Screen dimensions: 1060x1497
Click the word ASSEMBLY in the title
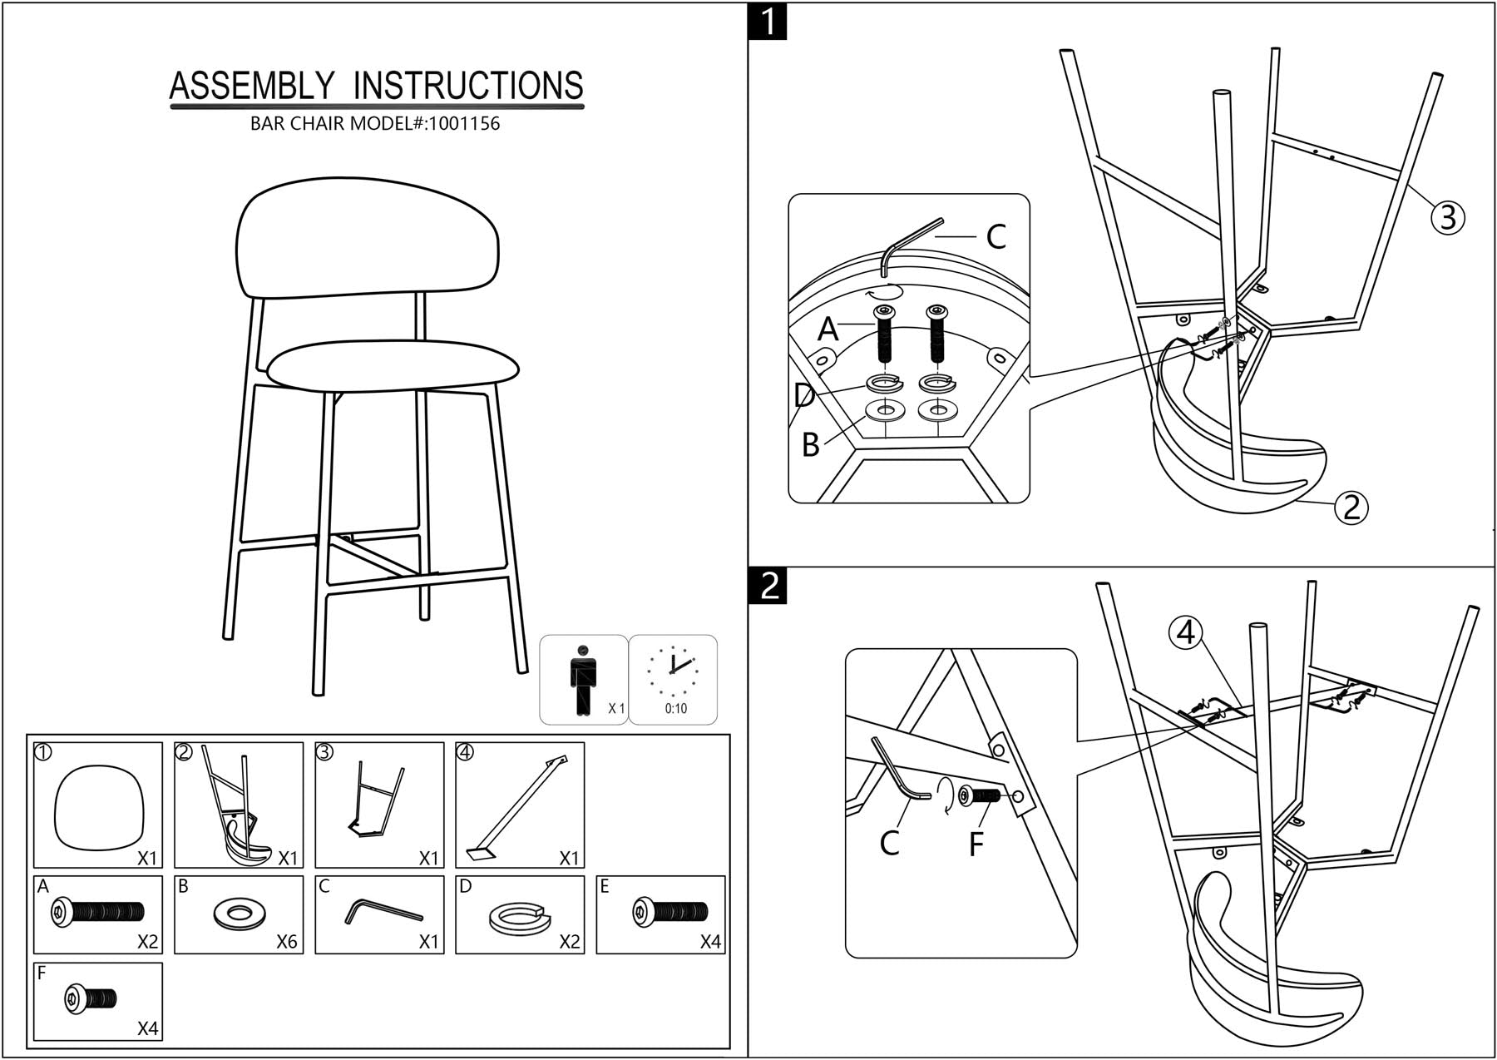coord(252,87)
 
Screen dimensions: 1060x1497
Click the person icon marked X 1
coord(583,679)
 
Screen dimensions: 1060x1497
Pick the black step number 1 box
coord(767,21)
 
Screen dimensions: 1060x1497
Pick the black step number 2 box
coord(767,586)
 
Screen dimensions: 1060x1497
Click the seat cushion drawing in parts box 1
coord(98,806)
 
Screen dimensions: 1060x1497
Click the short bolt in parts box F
coord(91,998)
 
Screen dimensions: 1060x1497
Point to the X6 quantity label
coord(286,942)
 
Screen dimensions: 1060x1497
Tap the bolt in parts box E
coord(669,912)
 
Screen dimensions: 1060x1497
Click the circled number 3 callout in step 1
coord(1447,217)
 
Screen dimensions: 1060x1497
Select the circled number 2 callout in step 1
coord(1351,507)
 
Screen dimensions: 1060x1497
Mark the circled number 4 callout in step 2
coord(1185,633)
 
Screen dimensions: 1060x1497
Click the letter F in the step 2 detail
coord(976,844)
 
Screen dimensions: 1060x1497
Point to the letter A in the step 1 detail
coord(828,329)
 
